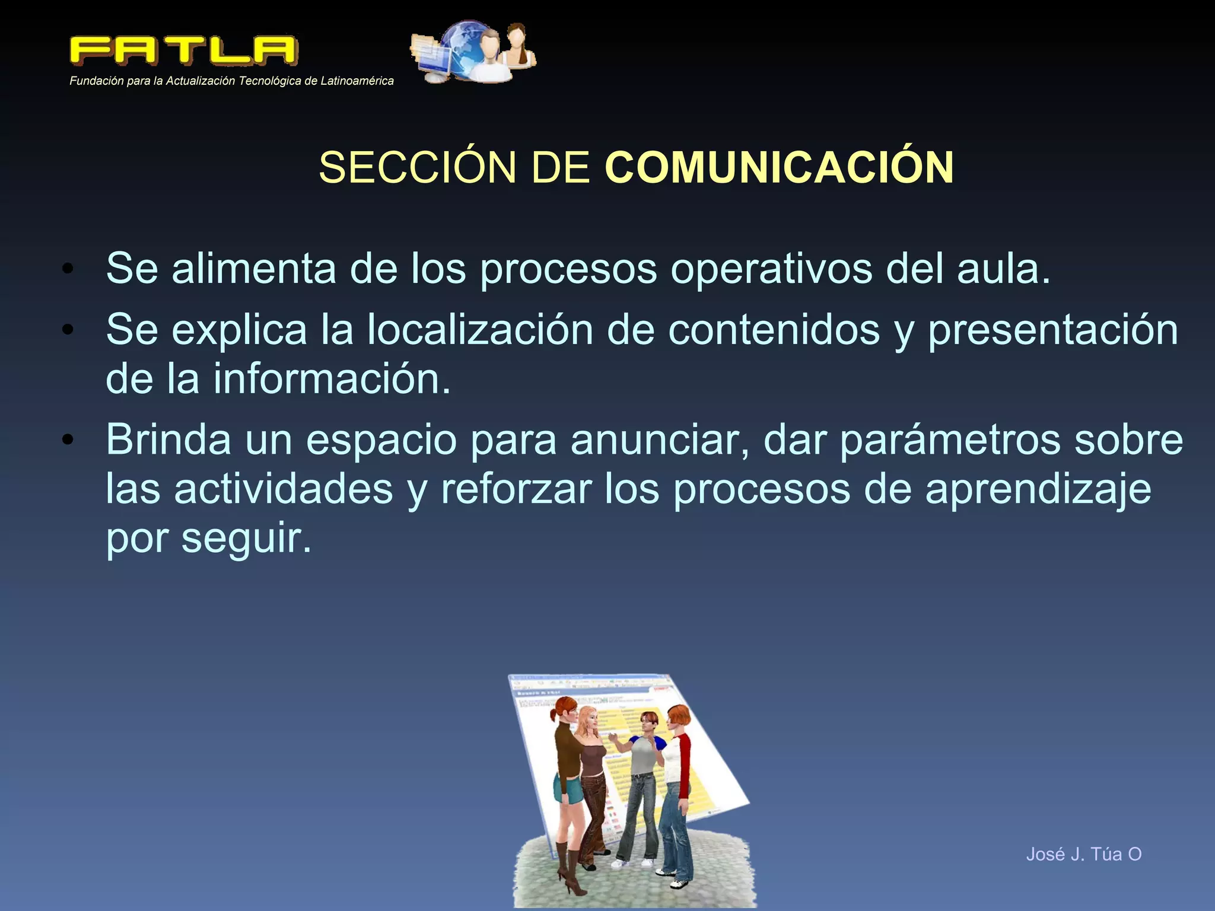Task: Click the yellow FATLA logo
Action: [x=184, y=50]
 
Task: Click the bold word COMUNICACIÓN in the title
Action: [x=779, y=167]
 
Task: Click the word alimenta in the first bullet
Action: [x=254, y=269]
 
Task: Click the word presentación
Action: [x=1053, y=331]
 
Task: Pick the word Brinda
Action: [x=168, y=439]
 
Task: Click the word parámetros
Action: [x=950, y=441]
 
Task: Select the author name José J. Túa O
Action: [x=1083, y=854]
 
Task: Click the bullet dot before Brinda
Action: [x=68, y=439]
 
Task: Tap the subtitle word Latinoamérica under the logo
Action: [x=357, y=81]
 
